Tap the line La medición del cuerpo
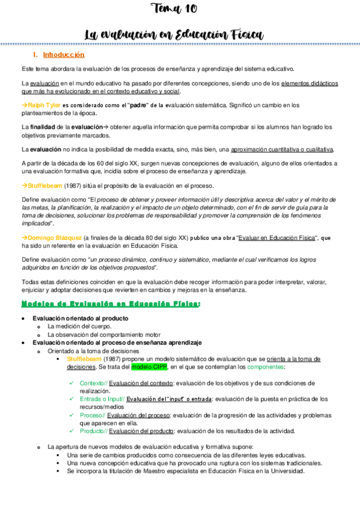(x=79, y=326)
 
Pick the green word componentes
(x=266, y=366)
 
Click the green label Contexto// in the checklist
(x=93, y=382)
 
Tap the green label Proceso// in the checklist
(x=93, y=414)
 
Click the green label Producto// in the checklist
(x=94, y=430)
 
